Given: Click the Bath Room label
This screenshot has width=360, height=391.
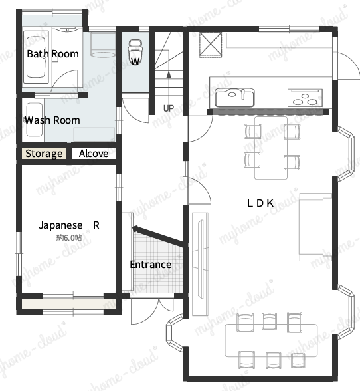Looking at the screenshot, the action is (53, 54).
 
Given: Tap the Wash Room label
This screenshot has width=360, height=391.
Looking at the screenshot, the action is (52, 120).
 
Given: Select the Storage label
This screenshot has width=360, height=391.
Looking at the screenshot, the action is (44, 154).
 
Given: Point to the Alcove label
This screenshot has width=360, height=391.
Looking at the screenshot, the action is (94, 154).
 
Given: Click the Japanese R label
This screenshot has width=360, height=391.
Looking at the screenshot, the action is (69, 225).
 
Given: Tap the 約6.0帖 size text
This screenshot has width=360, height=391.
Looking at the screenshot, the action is (69, 238).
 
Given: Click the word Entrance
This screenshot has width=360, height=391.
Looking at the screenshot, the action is (151, 265).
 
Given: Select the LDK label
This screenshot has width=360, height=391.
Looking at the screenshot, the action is (260, 203).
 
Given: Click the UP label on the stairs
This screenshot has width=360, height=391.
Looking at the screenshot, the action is (169, 108).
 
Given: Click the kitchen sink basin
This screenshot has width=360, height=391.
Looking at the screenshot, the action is (234, 98).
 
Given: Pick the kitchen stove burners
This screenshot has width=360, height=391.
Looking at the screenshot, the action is (305, 98).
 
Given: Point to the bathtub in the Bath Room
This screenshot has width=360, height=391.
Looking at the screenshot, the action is (36, 57).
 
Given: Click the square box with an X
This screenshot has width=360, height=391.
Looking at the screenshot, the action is (211, 45).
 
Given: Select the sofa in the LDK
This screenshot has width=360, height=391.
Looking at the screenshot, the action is (315, 227).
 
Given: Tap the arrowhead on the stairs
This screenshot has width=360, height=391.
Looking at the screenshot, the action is (169, 74).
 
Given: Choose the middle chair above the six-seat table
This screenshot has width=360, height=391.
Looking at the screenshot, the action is (269, 321).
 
